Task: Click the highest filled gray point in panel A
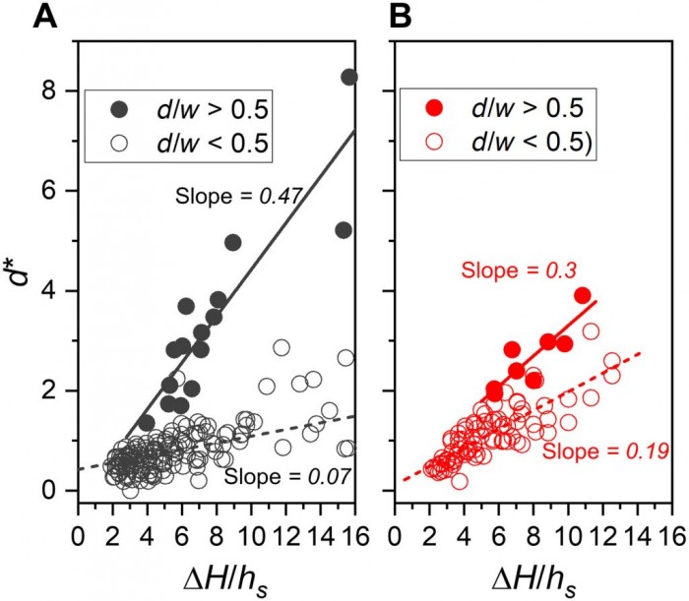[349, 77]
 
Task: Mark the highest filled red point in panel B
[583, 296]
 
